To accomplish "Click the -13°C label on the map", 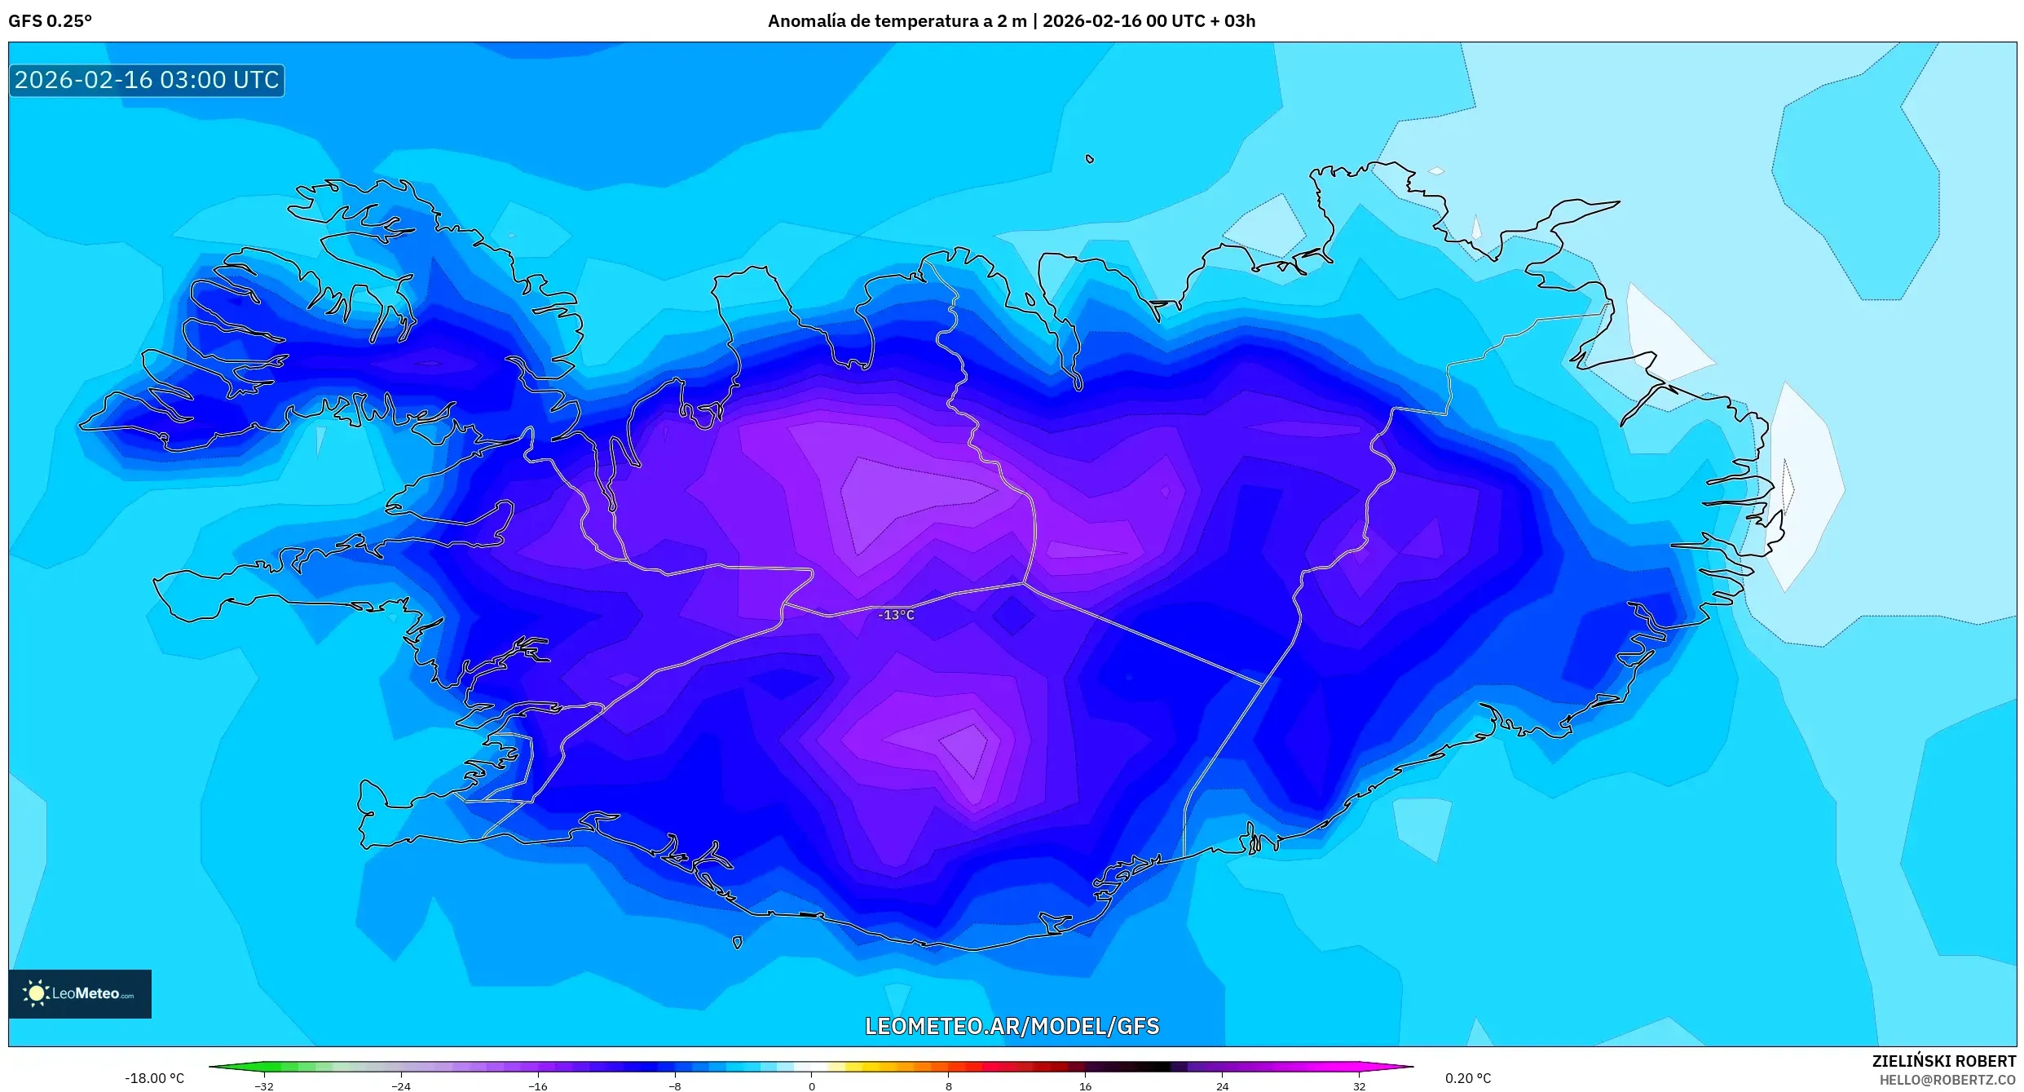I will [896, 615].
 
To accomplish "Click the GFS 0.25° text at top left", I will [50, 21].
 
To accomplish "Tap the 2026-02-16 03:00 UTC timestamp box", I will [147, 80].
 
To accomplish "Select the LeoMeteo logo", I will [80, 993].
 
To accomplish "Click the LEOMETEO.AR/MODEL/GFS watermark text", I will [1012, 1026].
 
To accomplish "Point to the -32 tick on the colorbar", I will [264, 1085].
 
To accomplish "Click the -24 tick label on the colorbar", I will [400, 1085].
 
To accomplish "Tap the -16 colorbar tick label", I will [537, 1085].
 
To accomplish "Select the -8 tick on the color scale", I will [675, 1085].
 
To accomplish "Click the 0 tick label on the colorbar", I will [811, 1085].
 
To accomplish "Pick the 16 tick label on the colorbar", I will [1085, 1085].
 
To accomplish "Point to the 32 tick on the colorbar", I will [1359, 1085].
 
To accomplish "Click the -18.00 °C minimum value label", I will [154, 1078].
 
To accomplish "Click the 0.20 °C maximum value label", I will [1468, 1078].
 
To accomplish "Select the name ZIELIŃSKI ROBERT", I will [1943, 1061].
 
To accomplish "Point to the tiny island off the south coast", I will [738, 943].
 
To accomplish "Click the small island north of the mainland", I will [1090, 159].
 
